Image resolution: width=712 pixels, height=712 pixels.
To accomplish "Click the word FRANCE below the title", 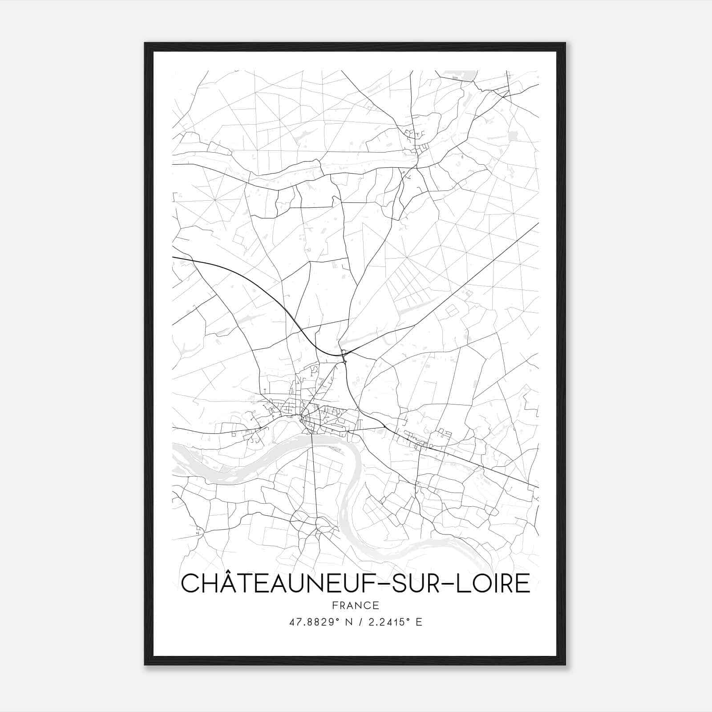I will pyautogui.click(x=356, y=605).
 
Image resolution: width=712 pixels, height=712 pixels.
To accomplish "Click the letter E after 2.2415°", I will pyautogui.click(x=418, y=622).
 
